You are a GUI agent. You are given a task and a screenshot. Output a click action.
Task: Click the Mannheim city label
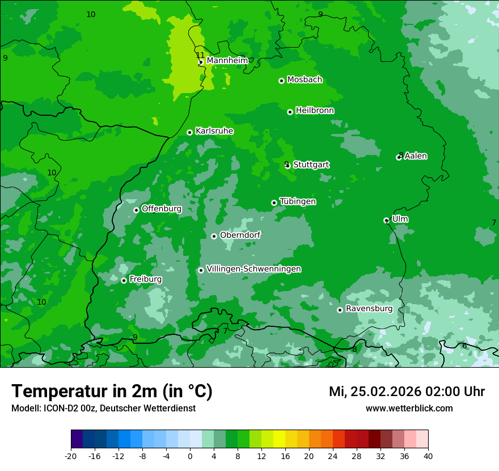click(x=227, y=61)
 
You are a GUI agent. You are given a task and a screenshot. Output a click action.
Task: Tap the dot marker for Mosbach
click(x=281, y=81)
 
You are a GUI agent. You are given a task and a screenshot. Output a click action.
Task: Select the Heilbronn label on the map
click(x=315, y=111)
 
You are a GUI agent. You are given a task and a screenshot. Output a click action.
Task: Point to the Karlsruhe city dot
click(x=189, y=132)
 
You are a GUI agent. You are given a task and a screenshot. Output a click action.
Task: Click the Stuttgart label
click(x=311, y=165)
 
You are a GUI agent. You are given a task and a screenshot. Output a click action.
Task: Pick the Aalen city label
click(x=416, y=156)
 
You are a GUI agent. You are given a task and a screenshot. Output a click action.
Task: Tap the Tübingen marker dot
click(x=274, y=203)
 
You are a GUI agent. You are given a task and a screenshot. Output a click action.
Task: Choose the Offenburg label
click(x=162, y=209)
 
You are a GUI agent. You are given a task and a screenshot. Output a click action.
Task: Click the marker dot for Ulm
click(x=386, y=220)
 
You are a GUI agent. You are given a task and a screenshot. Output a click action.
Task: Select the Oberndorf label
click(x=240, y=235)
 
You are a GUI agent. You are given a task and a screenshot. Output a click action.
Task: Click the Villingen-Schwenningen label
click(x=253, y=269)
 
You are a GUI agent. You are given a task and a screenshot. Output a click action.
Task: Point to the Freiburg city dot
click(x=124, y=280)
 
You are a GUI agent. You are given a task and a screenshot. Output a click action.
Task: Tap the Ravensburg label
click(x=369, y=309)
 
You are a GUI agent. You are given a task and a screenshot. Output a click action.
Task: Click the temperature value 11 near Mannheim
click(x=200, y=55)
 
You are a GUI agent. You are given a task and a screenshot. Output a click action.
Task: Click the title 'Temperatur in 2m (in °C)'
click(x=112, y=391)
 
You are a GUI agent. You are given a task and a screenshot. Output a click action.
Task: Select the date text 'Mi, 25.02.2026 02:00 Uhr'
click(x=407, y=392)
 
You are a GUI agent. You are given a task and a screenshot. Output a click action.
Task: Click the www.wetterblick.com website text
click(x=409, y=408)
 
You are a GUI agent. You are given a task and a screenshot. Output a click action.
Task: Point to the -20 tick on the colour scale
click(x=71, y=456)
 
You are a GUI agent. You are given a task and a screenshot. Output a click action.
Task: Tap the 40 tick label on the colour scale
click(x=428, y=456)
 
